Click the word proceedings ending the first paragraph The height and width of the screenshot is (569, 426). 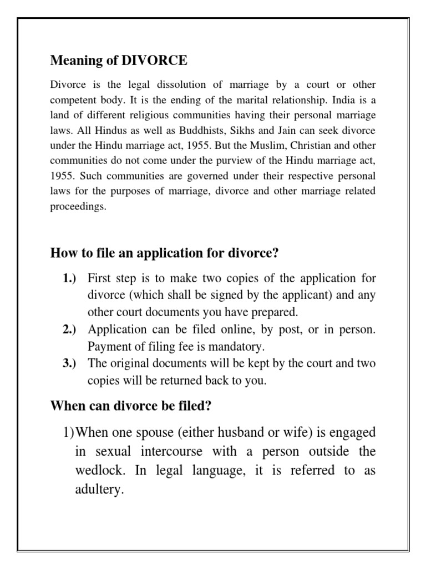click(78, 206)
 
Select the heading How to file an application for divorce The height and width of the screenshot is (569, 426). click(164, 253)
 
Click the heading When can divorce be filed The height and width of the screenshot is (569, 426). click(131, 406)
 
